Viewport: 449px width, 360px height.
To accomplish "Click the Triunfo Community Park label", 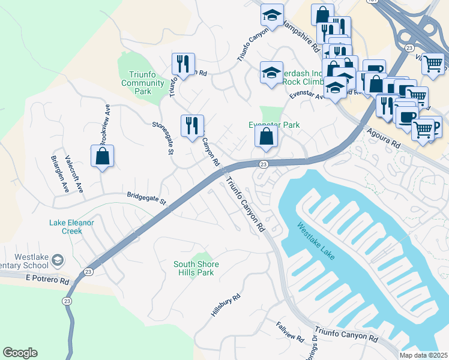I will [143, 83].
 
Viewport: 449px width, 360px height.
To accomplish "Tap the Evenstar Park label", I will [274, 125].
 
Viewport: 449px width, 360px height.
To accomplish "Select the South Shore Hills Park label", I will [196, 268].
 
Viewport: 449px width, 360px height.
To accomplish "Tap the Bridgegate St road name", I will [146, 197].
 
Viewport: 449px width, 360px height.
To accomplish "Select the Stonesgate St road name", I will [163, 138].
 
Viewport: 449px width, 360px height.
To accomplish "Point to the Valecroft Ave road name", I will [74, 175].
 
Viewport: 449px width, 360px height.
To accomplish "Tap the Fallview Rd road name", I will [290, 332].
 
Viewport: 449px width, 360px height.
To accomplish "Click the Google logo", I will [20, 353].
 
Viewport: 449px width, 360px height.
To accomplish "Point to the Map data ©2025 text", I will [423, 355].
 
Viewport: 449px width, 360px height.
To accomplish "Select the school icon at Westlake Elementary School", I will [57, 260].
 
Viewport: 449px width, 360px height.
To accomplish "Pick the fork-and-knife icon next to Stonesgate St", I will [192, 125].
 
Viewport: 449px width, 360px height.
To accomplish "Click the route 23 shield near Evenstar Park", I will [264, 164].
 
